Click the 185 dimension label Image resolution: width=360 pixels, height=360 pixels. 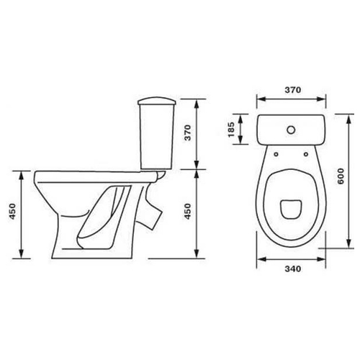coord(231,130)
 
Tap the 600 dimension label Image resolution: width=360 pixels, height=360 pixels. coord(341,176)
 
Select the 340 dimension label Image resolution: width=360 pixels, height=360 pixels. coord(293,269)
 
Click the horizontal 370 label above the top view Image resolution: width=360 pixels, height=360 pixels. coord(293,90)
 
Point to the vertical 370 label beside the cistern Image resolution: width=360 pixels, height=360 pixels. coord(187,132)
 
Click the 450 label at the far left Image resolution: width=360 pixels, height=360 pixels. coord(12,211)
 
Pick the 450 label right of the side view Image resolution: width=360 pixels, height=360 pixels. coord(187,211)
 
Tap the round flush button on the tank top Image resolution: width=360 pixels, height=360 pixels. coord(291,130)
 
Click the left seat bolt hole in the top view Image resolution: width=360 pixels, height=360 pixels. coord(276,154)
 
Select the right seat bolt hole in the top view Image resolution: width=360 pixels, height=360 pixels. coord(306,154)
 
